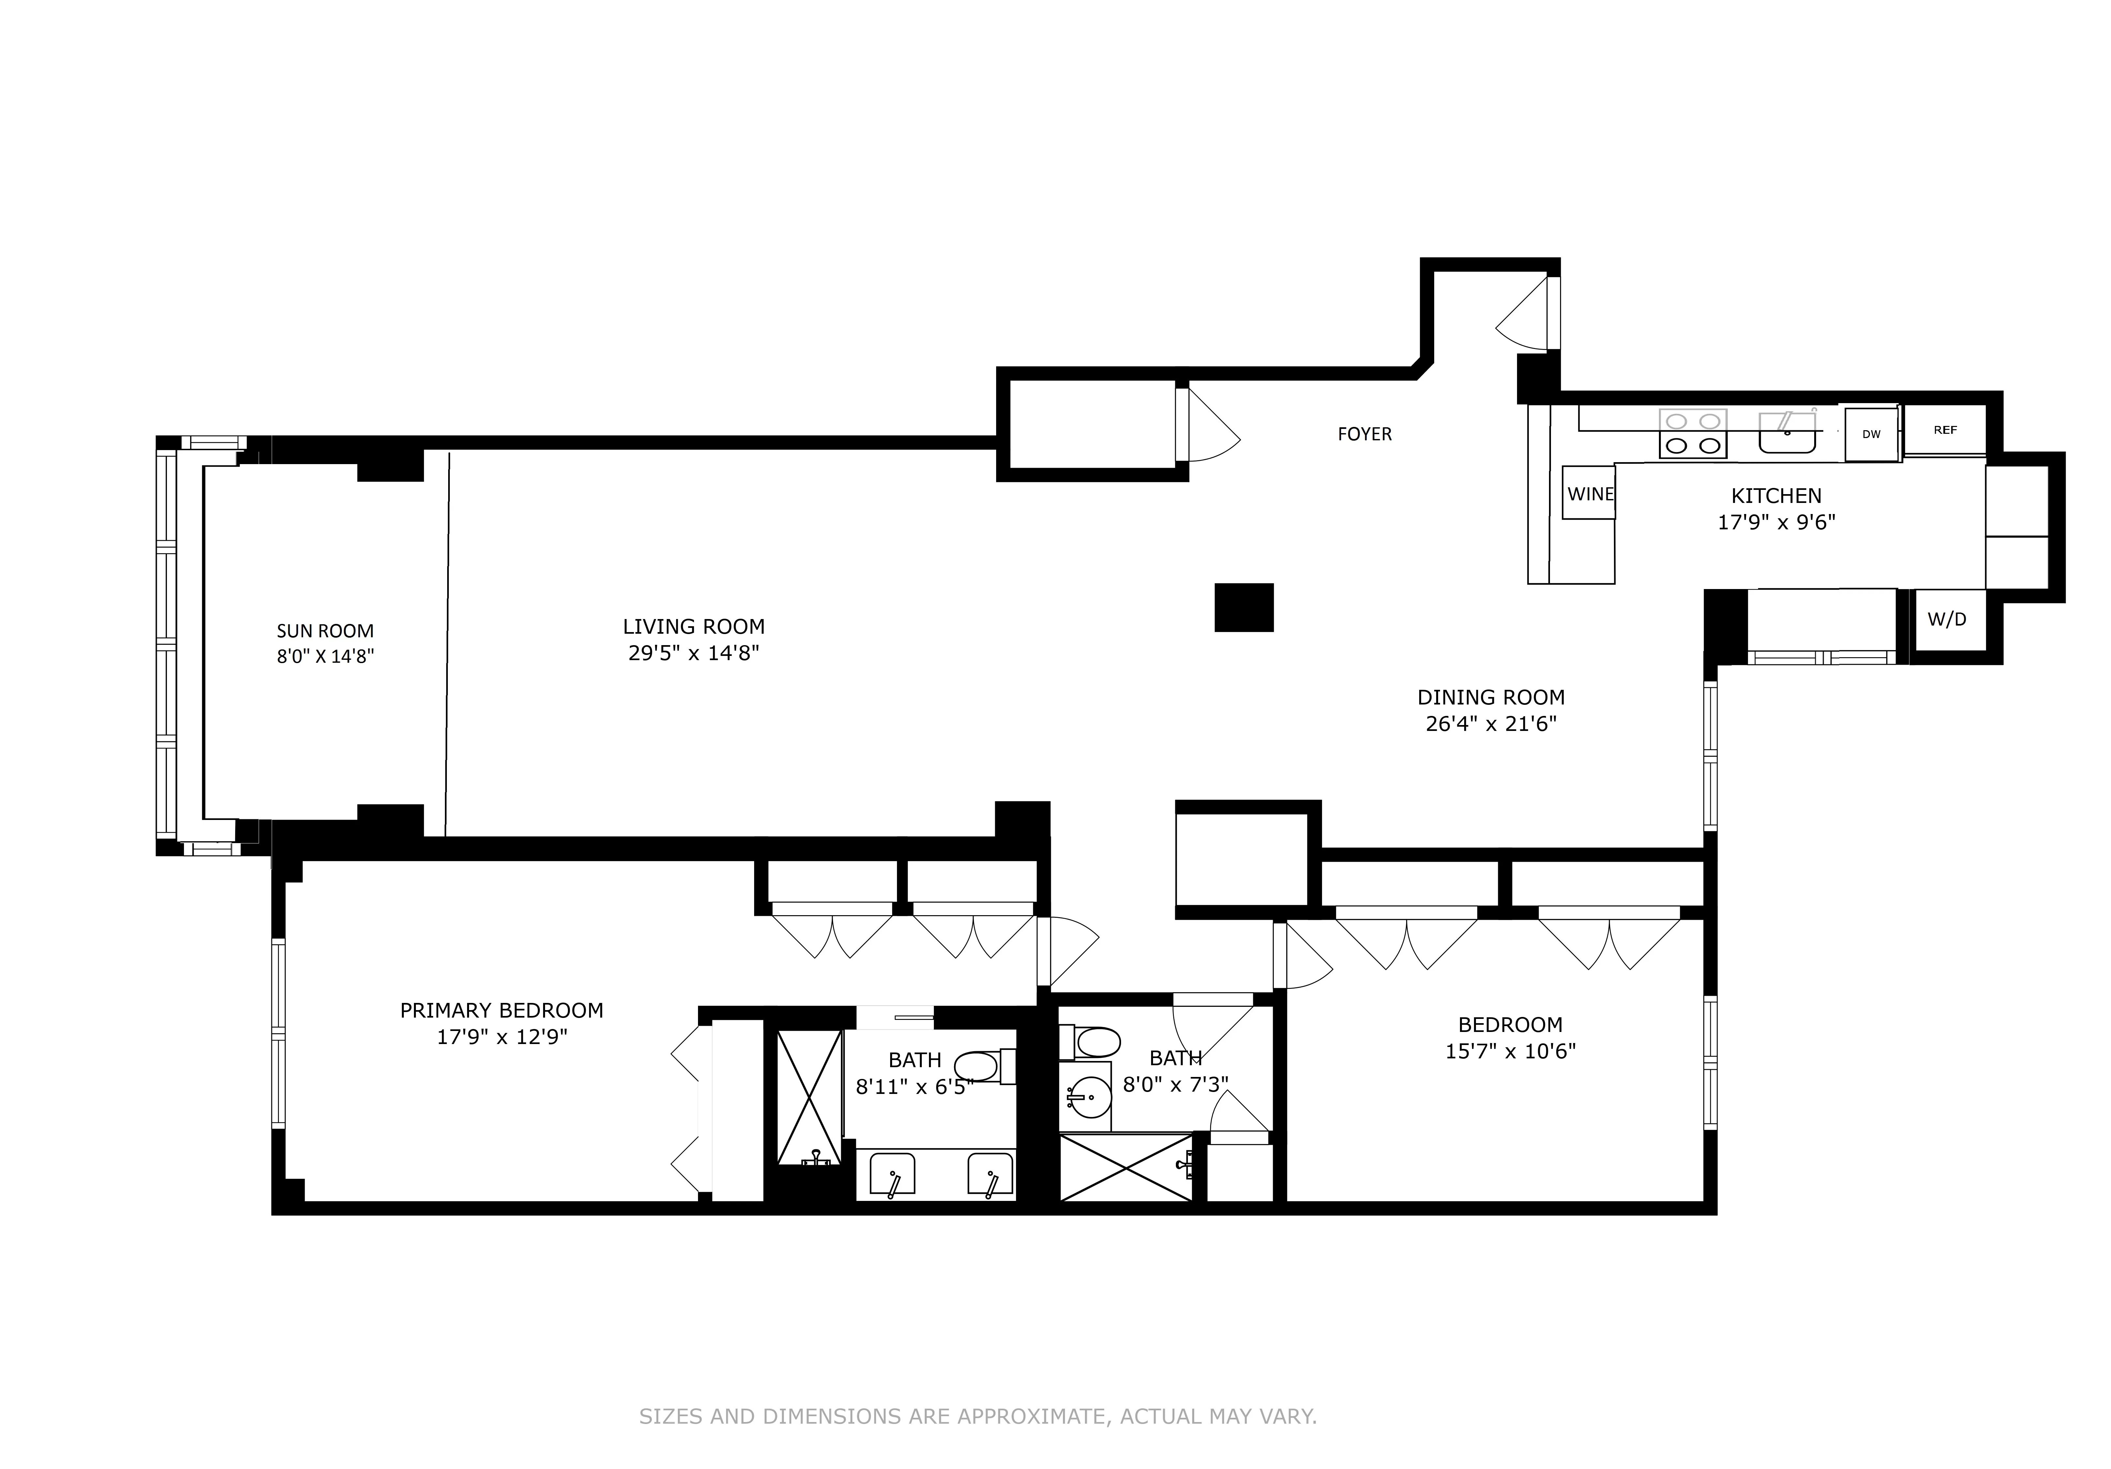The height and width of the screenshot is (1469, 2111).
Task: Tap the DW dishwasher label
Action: [x=1871, y=434]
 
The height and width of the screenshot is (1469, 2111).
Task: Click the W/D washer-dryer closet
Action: [x=1946, y=620]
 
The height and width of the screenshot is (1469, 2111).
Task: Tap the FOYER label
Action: [x=1364, y=434]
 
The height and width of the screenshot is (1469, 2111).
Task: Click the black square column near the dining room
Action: [x=1244, y=608]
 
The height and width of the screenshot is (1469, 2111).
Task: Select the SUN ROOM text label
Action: [x=326, y=631]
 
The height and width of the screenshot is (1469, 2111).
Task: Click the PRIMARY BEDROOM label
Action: [x=501, y=1010]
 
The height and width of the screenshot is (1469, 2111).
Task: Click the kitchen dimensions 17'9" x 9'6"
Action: [x=1776, y=522]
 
